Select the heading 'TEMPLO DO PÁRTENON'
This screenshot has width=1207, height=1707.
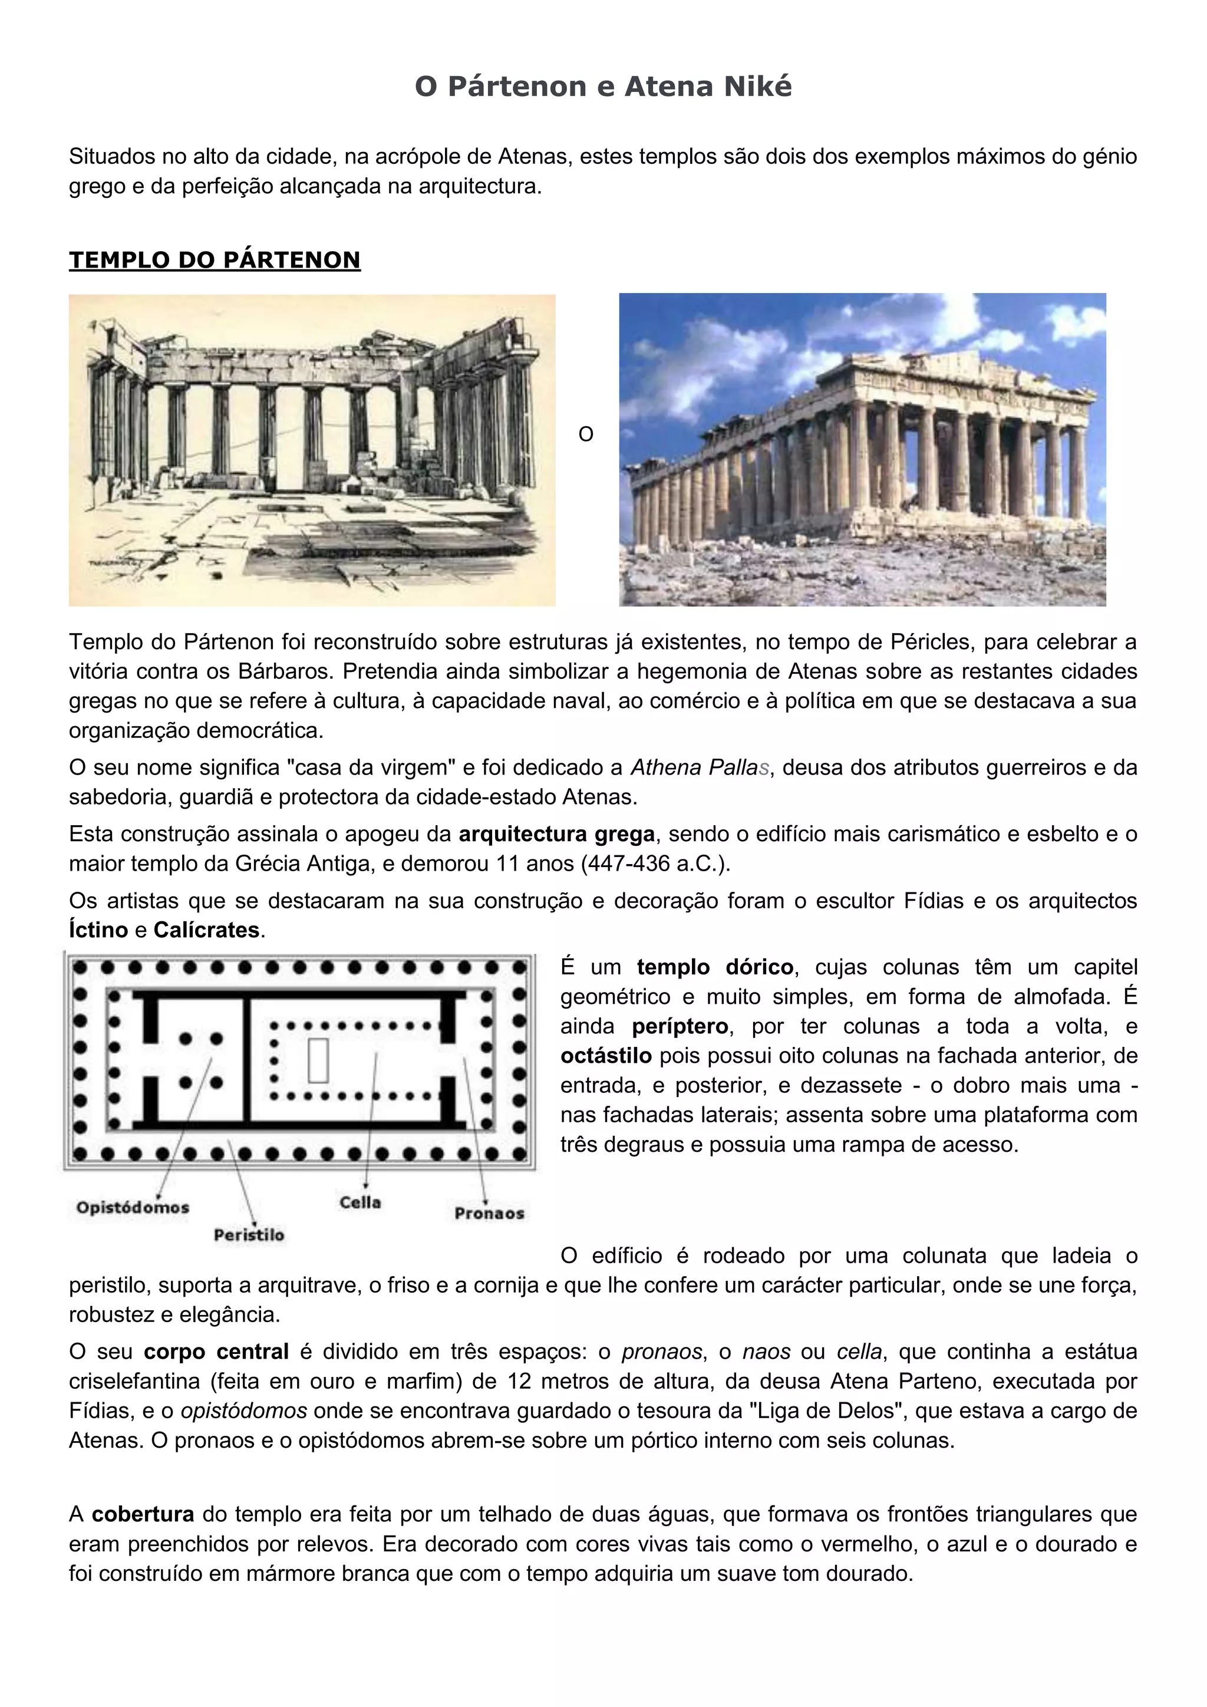pyautogui.click(x=215, y=259)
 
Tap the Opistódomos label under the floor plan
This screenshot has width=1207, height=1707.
pyautogui.click(x=133, y=1207)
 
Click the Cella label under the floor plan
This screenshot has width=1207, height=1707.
pyautogui.click(x=361, y=1202)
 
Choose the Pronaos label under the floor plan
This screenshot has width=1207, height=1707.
pyautogui.click(x=489, y=1213)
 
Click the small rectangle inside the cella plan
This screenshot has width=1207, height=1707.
pyautogui.click(x=319, y=1060)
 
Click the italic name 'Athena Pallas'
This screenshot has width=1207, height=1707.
pyautogui.click(x=700, y=767)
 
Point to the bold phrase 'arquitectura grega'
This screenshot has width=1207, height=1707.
pyautogui.click(x=557, y=834)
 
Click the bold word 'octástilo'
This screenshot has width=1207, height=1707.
pyautogui.click(x=606, y=1056)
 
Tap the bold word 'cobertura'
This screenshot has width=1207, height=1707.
pyautogui.click(x=143, y=1514)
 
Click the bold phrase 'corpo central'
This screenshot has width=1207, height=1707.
pyautogui.click(x=216, y=1352)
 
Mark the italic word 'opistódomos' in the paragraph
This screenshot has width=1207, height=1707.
pyautogui.click(x=244, y=1411)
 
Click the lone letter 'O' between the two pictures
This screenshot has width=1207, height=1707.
pyautogui.click(x=586, y=435)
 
